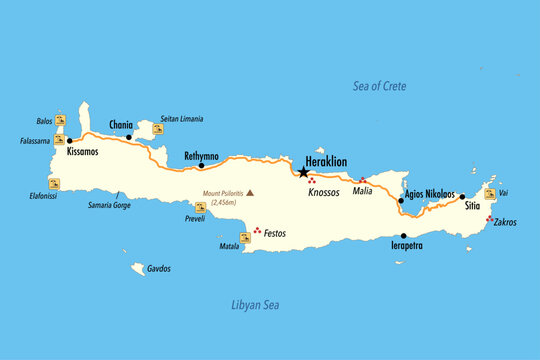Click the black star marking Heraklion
[x=303, y=172]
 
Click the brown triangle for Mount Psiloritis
[x=251, y=193]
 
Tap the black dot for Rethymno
[x=202, y=166]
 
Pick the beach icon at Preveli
[x=200, y=208]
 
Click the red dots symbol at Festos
[x=259, y=231]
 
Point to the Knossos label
[x=325, y=192]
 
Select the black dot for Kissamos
[x=69, y=141]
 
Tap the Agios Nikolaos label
[x=430, y=193]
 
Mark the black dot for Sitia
[x=462, y=197]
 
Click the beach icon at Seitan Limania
[x=158, y=129]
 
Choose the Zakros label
[x=505, y=222]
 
